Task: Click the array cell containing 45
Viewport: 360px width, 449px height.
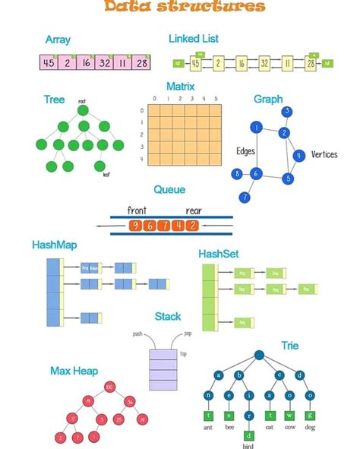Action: click(x=49, y=62)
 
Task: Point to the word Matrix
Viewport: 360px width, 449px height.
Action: click(x=182, y=87)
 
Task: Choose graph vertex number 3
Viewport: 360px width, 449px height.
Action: click(x=287, y=112)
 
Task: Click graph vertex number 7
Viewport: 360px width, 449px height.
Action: click(x=245, y=198)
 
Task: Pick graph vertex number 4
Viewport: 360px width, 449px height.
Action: click(x=299, y=155)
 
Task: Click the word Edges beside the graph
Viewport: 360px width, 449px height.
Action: click(x=246, y=150)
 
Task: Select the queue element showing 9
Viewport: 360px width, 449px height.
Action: click(x=136, y=225)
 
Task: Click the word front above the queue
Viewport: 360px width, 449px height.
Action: click(x=137, y=210)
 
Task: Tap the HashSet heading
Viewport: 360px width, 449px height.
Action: click(x=219, y=253)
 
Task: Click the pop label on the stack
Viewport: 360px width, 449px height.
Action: click(x=188, y=334)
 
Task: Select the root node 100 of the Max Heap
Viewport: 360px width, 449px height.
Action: click(x=109, y=388)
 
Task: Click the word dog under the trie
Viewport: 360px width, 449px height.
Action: click(x=311, y=428)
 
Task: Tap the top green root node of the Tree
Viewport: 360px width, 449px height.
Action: click(x=84, y=111)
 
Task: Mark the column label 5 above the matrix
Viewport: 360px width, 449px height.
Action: click(x=216, y=98)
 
